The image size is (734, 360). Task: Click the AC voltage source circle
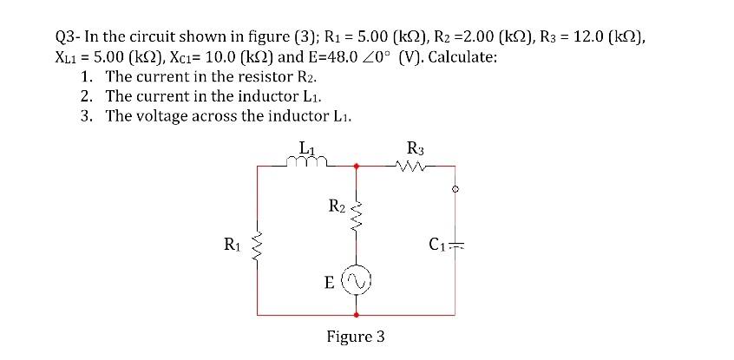coord(356,280)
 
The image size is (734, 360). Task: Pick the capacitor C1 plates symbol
coord(454,243)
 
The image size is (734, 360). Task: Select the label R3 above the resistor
coord(415,147)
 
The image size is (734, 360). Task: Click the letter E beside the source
coord(330,281)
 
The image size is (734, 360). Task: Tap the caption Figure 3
coord(356,336)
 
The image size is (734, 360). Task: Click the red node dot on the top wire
coord(356,164)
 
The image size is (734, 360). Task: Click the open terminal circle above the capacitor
coord(454,187)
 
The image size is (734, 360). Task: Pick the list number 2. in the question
coord(87,96)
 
